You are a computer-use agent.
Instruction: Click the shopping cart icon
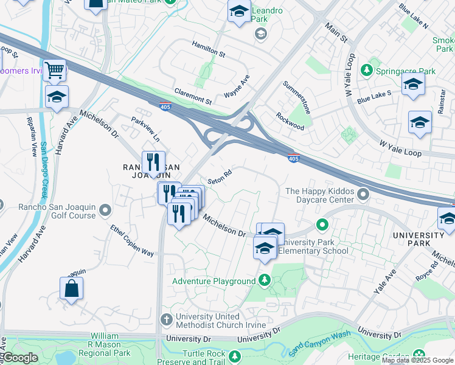coord(55,70)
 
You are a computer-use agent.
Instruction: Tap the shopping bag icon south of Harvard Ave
coord(72,288)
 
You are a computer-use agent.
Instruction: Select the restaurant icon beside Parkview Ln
coord(153,162)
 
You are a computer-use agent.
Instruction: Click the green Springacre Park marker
coord(367,71)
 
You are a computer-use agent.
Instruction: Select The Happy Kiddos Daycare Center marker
coord(363,195)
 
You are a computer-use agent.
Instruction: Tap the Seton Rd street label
coord(219,178)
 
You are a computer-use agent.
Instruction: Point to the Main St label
coord(335,32)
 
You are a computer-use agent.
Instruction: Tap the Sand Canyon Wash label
coord(321,344)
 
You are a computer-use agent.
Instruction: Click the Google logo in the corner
coord(20,358)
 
